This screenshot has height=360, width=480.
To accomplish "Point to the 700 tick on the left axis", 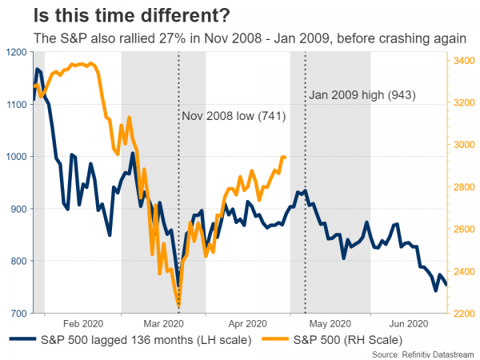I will pos(17,313).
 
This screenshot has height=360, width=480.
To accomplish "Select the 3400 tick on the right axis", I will pos(465,60).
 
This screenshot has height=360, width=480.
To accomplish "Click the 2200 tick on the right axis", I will pos(465,313).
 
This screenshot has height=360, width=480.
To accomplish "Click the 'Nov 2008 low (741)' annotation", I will pos(234,117).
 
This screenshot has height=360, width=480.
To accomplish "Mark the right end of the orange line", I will pos(285,157).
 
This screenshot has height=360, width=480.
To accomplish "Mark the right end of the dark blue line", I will pos(447,285).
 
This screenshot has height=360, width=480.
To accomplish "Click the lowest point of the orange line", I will pos(178,305).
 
